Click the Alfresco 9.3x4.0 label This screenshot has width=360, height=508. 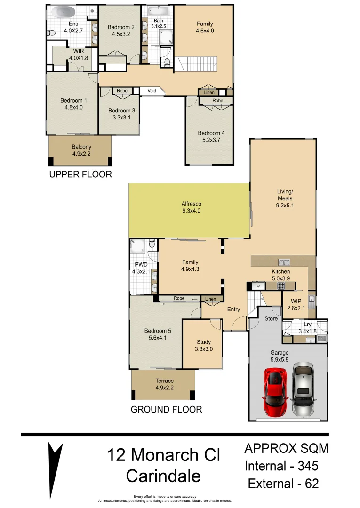192,207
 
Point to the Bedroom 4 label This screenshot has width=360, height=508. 211,136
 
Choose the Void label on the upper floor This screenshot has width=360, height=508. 152,91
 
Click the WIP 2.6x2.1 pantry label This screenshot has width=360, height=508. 296,304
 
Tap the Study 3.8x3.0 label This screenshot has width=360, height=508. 203,346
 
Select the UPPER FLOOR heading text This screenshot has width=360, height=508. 80,175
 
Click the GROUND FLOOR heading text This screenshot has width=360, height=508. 166,409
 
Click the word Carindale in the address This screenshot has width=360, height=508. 163,476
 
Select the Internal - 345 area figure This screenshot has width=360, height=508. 282,466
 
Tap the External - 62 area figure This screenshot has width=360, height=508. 283,484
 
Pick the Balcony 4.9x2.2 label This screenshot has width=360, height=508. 81,150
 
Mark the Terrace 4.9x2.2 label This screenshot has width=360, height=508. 164,384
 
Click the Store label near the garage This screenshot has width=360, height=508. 271,318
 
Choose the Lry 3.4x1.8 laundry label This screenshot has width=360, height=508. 307,328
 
